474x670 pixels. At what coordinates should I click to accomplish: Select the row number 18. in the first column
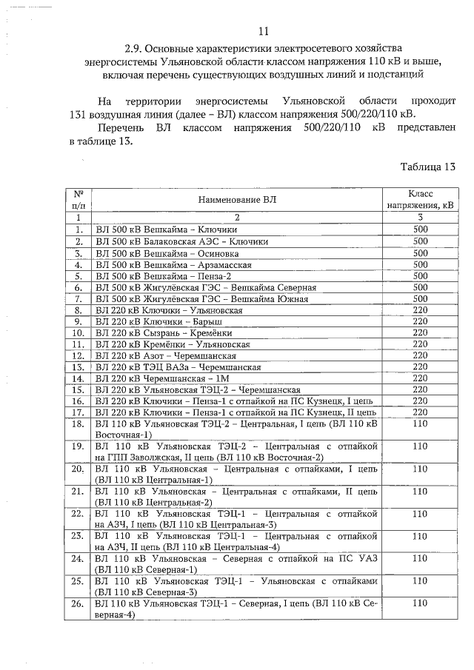[x=78, y=424]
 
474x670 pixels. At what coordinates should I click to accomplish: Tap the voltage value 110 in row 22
[x=420, y=514]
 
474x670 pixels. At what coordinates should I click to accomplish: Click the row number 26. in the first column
[x=78, y=604]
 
